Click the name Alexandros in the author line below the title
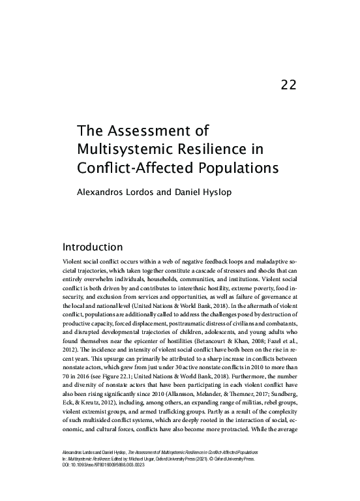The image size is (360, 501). pos(103,193)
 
